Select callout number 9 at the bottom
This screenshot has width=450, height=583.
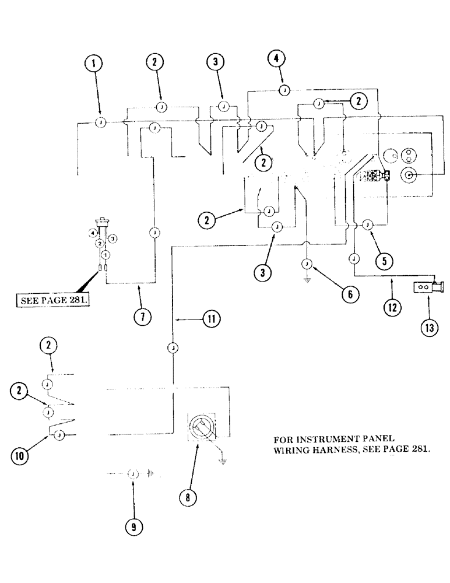[133, 526]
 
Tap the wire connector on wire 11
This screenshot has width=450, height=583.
[173, 347]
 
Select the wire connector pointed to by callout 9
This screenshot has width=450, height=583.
[132, 475]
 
